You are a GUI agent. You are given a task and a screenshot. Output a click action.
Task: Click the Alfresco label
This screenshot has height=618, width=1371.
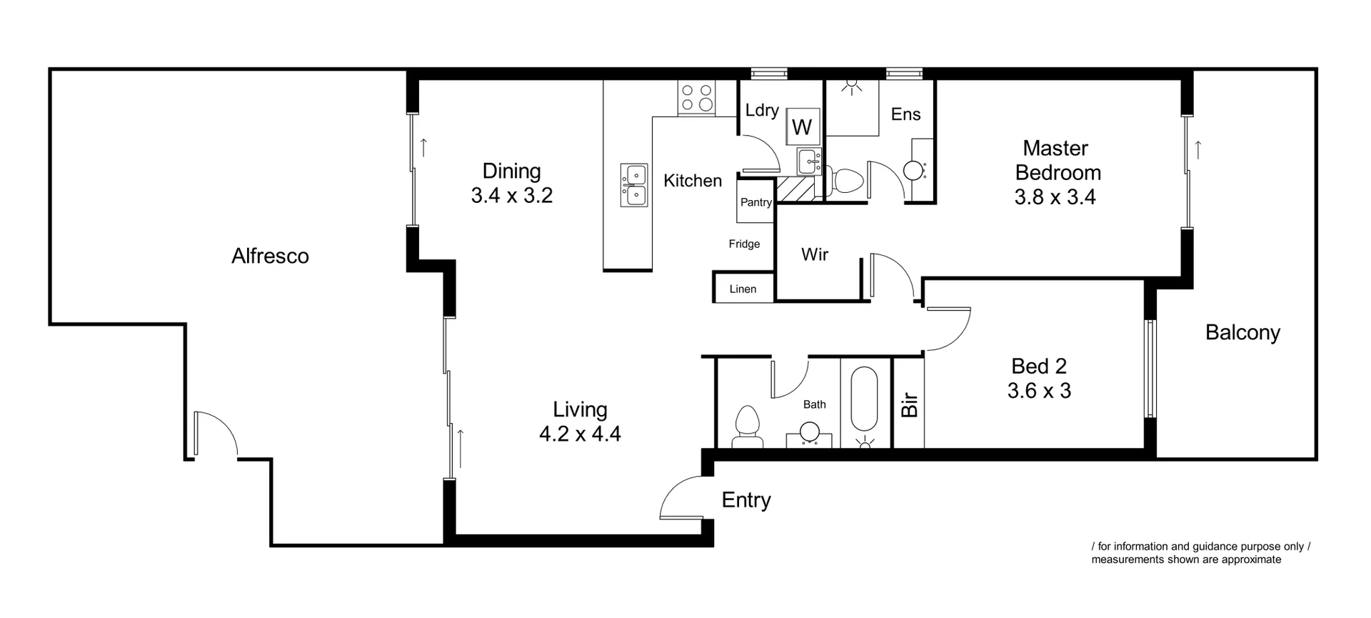pyautogui.click(x=270, y=256)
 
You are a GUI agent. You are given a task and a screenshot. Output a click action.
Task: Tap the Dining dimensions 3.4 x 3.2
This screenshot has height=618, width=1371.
pyautogui.click(x=511, y=195)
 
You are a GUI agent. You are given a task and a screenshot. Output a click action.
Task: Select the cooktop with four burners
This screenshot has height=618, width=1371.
pyautogui.click(x=696, y=98)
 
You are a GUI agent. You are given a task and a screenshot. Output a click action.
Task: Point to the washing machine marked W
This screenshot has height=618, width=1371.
pyautogui.click(x=802, y=127)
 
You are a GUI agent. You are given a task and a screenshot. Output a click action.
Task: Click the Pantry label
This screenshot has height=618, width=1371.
pyautogui.click(x=755, y=202)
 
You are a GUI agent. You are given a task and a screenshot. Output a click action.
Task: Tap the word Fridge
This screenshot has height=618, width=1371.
pyautogui.click(x=744, y=244)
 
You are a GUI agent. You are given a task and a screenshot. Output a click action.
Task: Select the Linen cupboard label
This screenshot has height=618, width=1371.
pyautogui.click(x=743, y=289)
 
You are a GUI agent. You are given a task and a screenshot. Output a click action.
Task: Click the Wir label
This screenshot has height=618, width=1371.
pyautogui.click(x=815, y=254)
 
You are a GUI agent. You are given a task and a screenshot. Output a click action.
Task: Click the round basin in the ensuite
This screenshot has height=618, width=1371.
pyautogui.click(x=913, y=170)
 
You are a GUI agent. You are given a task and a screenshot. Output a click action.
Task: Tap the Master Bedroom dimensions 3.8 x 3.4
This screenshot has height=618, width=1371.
pyautogui.click(x=1055, y=196)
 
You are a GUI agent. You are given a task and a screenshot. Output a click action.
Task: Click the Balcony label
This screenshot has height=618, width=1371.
pyautogui.click(x=1242, y=332)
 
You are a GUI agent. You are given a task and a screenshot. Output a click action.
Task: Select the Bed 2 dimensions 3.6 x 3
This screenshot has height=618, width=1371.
pyautogui.click(x=1039, y=391)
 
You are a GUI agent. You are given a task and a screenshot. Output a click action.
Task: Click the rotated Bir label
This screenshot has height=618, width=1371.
pyautogui.click(x=909, y=404)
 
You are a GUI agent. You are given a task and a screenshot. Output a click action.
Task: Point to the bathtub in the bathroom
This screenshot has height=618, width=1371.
pyautogui.click(x=865, y=404)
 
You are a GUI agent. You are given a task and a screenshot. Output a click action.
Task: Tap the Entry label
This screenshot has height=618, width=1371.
pyautogui.click(x=746, y=500)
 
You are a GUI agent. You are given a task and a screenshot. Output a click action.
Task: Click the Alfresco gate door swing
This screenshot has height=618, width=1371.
pyautogui.click(x=214, y=432)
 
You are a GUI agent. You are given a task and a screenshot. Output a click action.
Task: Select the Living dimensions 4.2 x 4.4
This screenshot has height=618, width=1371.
pyautogui.click(x=580, y=434)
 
